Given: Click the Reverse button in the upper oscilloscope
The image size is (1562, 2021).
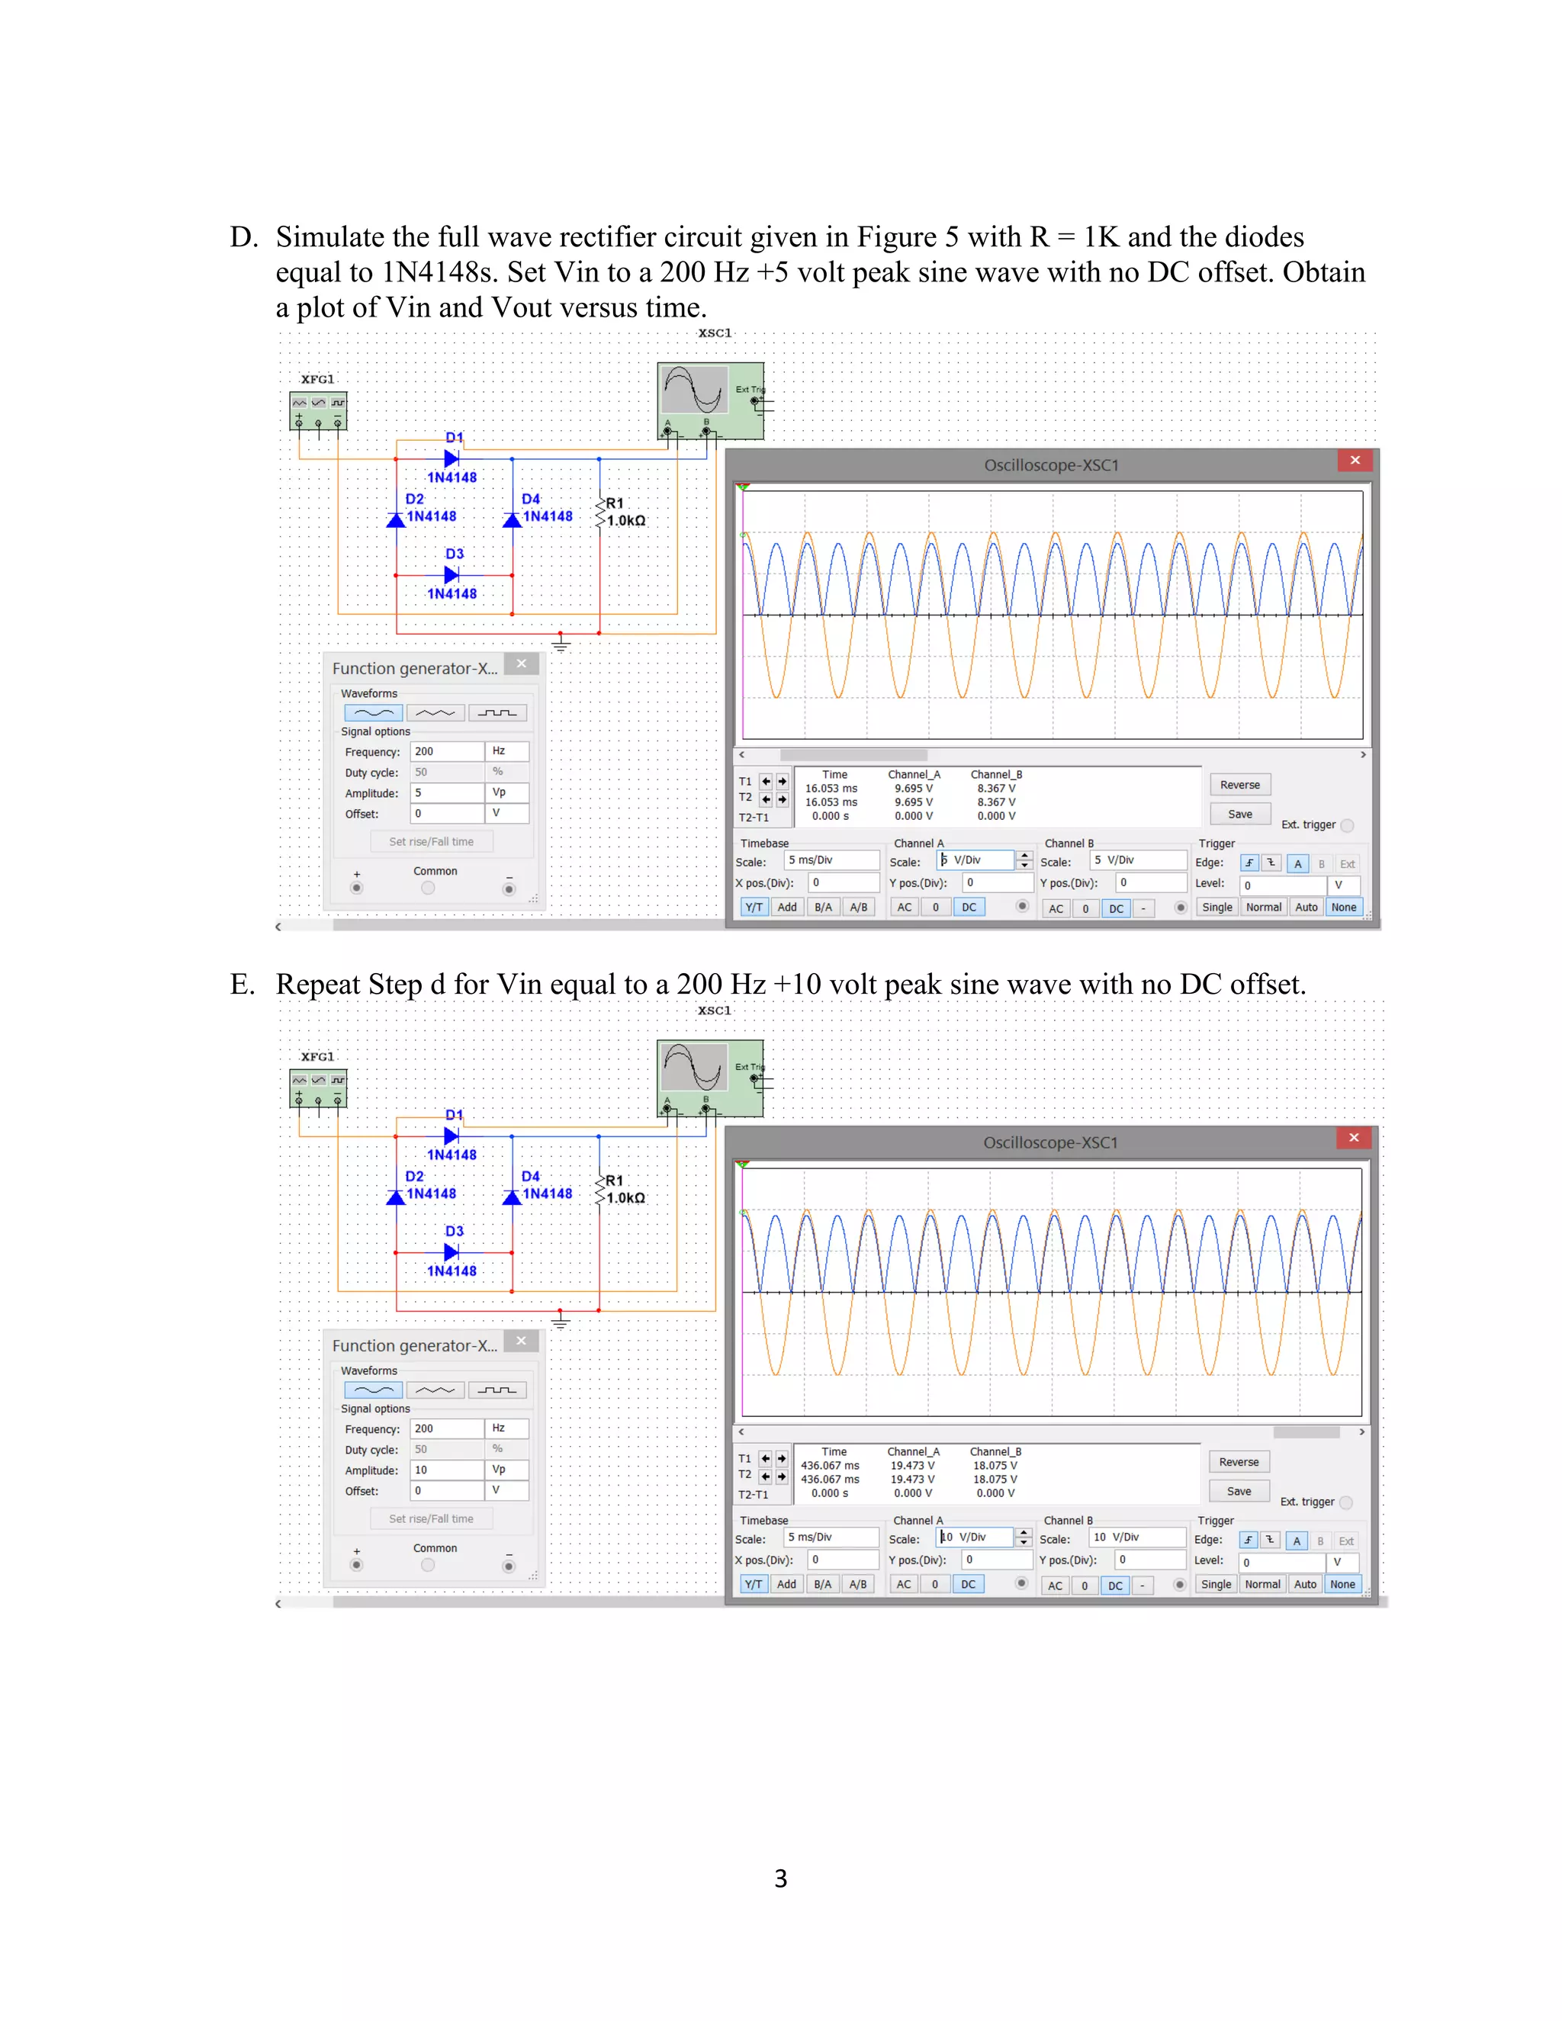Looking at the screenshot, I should coord(1239,785).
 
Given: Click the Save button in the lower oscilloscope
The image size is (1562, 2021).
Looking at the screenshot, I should coord(1238,1491).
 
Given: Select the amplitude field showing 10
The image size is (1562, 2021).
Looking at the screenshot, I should coord(446,1470).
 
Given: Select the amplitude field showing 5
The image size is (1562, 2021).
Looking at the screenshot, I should coord(446,793).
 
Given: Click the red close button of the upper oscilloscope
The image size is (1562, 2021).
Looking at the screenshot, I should coord(1355,461).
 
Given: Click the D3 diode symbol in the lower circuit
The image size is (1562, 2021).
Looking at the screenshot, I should coord(452,1252).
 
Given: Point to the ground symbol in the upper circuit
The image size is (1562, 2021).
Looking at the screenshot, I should coord(561,642).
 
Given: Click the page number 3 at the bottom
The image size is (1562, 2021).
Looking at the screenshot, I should coord(780,1878).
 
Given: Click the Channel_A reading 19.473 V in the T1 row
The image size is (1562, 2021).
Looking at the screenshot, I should coord(912,1466).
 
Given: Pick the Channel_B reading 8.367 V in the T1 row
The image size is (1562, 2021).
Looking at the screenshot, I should coord(995,789).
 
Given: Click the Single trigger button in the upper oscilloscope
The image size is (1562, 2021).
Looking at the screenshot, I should coord(1216,907).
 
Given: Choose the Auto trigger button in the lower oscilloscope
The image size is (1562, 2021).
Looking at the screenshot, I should coord(1305,1584).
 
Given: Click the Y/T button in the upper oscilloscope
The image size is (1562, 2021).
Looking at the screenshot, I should coord(754,907).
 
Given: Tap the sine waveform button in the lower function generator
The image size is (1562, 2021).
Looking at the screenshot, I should coord(373,1390).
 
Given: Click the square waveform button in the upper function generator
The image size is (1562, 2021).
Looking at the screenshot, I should coord(498,712).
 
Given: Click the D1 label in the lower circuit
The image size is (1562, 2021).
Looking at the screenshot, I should coord(454,1114).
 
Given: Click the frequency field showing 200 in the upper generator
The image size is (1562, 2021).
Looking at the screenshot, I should coord(446,751).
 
